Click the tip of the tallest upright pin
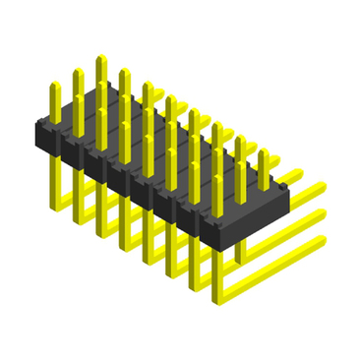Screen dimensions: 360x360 coord(100,60)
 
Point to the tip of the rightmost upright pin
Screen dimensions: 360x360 coord(263,153)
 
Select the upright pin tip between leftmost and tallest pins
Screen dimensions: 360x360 coord(78,73)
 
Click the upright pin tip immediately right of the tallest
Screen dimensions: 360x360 coord(124,73)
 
